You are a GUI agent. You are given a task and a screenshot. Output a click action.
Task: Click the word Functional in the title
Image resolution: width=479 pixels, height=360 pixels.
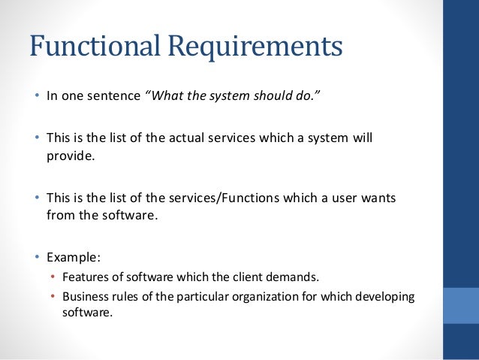95,47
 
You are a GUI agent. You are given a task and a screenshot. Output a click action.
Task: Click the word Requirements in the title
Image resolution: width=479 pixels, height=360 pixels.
255,47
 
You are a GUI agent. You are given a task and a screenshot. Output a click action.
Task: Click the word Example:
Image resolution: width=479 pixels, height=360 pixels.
71,256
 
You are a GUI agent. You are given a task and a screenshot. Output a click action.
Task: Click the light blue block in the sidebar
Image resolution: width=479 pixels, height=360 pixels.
461,304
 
